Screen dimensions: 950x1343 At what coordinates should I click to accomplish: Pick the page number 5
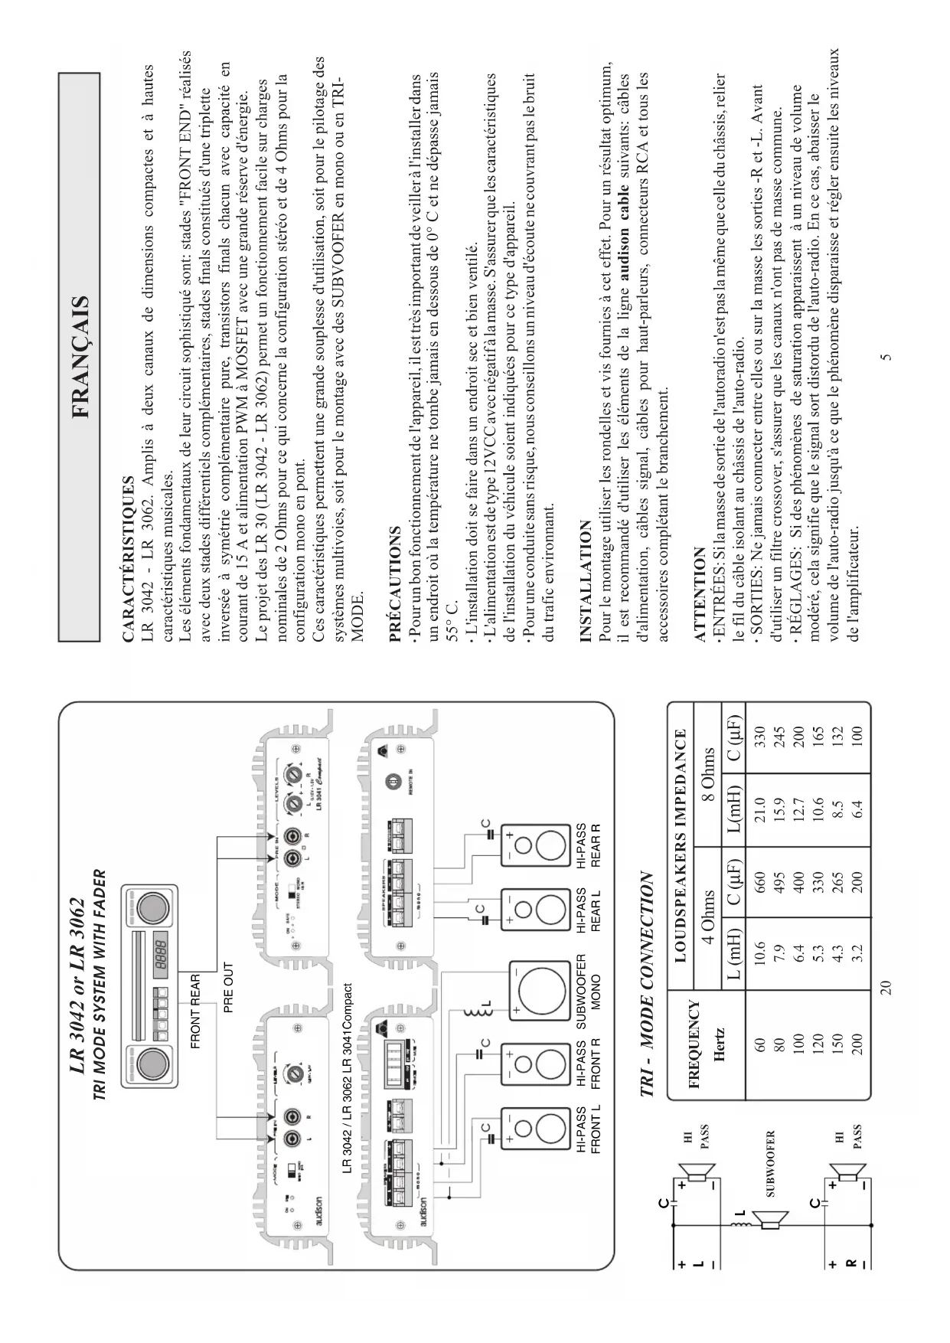tap(886, 356)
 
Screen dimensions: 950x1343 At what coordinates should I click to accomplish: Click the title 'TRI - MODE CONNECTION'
tap(648, 985)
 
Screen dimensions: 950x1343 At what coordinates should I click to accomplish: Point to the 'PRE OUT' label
tap(228, 987)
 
